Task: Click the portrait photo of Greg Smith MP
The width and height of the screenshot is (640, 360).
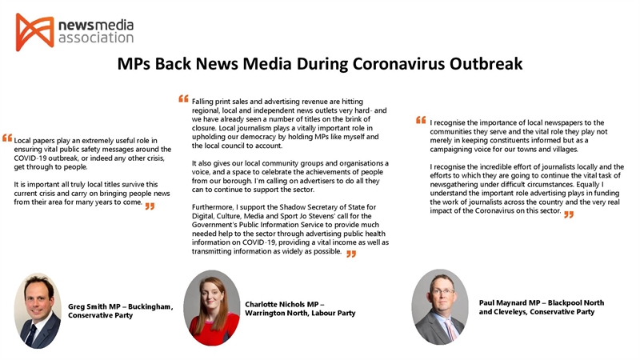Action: (x=38, y=310)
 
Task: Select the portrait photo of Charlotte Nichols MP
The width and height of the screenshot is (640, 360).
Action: (x=211, y=307)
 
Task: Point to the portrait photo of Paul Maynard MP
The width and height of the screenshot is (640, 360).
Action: (x=439, y=306)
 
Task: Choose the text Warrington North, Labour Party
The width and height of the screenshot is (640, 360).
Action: (x=300, y=313)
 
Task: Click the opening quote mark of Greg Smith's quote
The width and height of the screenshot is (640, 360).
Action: (x=7, y=138)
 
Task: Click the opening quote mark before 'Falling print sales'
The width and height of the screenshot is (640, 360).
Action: (x=185, y=101)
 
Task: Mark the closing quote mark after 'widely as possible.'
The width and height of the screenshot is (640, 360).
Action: (x=350, y=254)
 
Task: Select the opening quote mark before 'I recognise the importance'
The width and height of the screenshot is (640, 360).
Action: (x=422, y=121)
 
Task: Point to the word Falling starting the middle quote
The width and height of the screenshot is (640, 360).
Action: (x=206, y=102)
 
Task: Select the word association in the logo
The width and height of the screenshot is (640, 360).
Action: (x=95, y=38)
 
